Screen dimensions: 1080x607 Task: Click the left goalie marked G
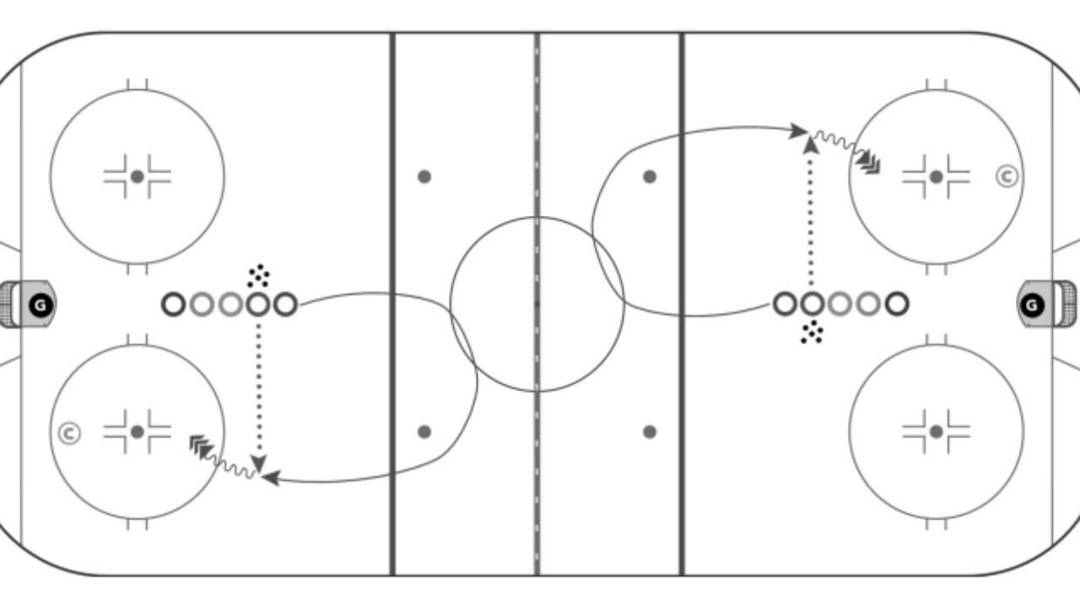coord(40,305)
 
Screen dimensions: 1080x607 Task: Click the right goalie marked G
coord(1032,305)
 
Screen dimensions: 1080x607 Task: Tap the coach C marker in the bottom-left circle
coord(69,433)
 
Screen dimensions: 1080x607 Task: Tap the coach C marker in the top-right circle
coord(1007,176)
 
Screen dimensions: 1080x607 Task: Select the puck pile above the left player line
coord(258,276)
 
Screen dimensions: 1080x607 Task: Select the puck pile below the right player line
coord(812,332)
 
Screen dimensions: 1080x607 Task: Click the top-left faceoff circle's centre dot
coord(138,177)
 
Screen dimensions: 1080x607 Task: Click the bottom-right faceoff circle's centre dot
coord(937,432)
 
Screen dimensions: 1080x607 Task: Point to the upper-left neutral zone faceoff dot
coord(424,177)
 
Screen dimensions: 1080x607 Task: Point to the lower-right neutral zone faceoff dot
coord(650,432)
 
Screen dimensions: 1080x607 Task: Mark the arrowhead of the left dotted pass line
coord(259,464)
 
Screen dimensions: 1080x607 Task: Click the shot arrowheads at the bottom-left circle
coord(201,447)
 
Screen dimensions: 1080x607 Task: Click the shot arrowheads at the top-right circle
coord(868,163)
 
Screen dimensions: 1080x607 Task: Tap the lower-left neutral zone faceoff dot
coord(424,432)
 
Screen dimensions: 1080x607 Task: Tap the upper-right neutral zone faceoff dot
coord(650,177)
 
